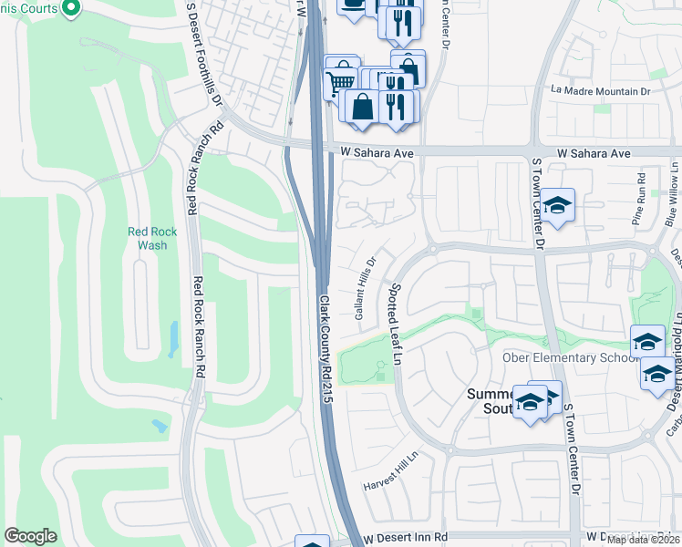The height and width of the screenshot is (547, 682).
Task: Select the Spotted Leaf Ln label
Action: (396, 324)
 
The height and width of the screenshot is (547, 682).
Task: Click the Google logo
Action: (30, 536)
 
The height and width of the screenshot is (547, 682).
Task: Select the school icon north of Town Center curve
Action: (557, 204)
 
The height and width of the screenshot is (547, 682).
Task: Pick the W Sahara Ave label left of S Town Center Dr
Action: (377, 153)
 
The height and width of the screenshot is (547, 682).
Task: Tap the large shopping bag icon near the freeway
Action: (363, 106)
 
